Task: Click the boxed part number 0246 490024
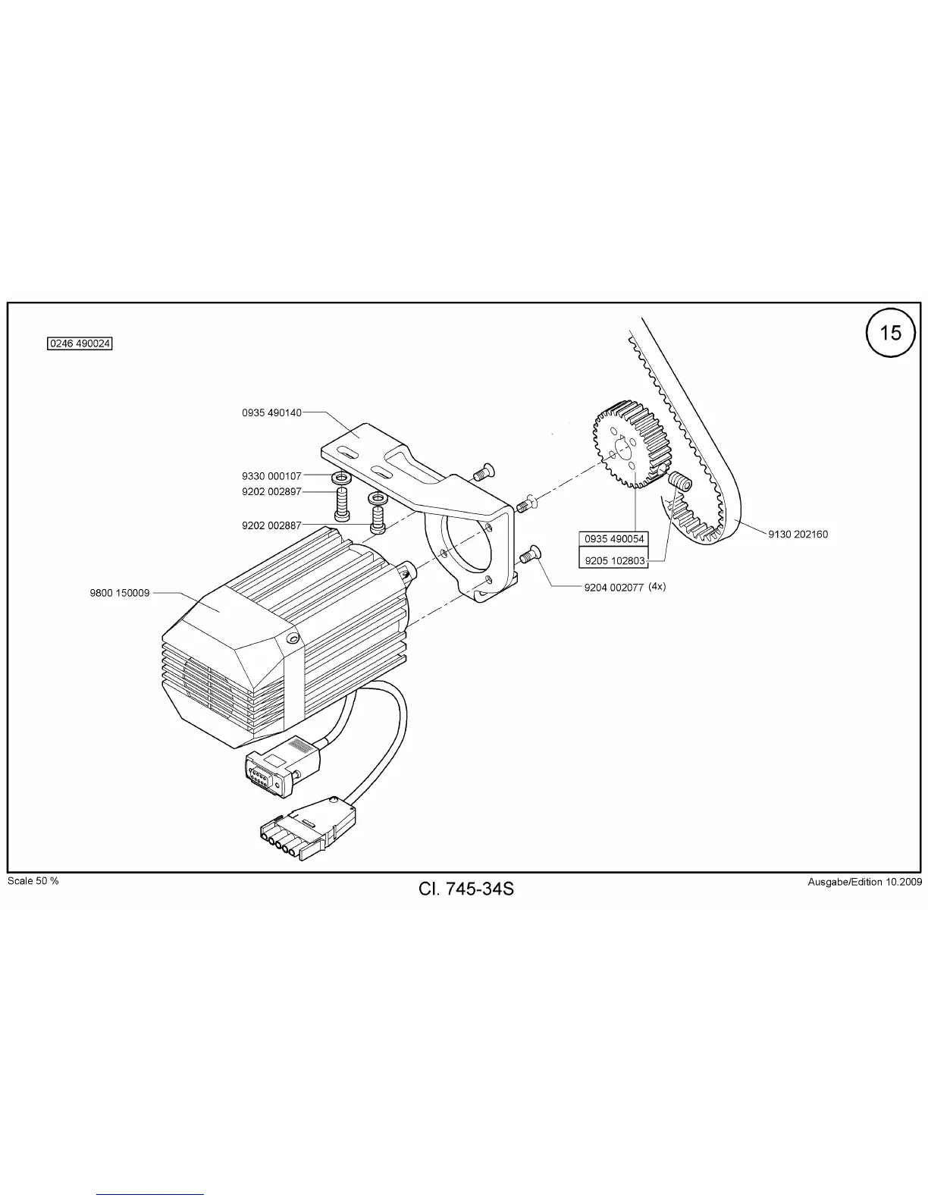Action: pyautogui.click(x=80, y=343)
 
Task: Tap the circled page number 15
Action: pyautogui.click(x=891, y=333)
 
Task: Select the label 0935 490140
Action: pyautogui.click(x=271, y=413)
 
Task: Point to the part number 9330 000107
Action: pyautogui.click(x=271, y=476)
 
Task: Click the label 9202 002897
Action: pyautogui.click(x=271, y=491)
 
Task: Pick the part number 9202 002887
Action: pyautogui.click(x=271, y=525)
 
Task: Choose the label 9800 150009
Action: pyautogui.click(x=120, y=593)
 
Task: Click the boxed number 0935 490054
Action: pyautogui.click(x=614, y=539)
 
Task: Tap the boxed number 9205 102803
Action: pyautogui.click(x=614, y=561)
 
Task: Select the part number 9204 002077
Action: pyautogui.click(x=613, y=588)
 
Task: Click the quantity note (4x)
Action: pyautogui.click(x=657, y=587)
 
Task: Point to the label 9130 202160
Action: pyautogui.click(x=798, y=534)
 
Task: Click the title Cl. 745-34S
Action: pyautogui.click(x=466, y=888)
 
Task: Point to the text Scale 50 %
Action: pyautogui.click(x=33, y=880)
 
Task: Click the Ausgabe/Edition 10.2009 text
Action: pyautogui.click(x=864, y=882)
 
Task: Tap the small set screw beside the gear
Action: pyautogui.click(x=678, y=481)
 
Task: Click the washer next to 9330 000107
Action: pyautogui.click(x=340, y=479)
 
